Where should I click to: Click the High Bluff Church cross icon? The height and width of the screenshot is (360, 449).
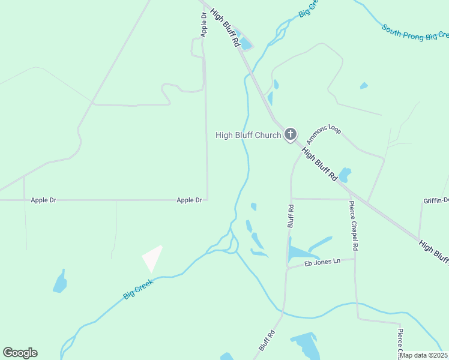(x=291, y=134)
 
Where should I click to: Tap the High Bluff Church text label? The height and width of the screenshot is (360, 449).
(x=248, y=135)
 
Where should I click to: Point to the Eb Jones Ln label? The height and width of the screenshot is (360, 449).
(x=322, y=261)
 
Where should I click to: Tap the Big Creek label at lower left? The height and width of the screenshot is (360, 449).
(x=139, y=288)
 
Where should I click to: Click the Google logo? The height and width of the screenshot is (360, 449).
(x=20, y=353)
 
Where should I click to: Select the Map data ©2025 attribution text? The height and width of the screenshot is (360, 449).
(x=424, y=355)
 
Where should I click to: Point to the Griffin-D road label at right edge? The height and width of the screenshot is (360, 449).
(x=436, y=200)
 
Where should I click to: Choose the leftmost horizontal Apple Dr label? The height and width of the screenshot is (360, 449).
(x=43, y=200)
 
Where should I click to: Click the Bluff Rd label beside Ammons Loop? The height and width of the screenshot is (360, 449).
(x=291, y=216)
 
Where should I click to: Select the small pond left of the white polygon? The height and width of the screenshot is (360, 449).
(x=60, y=282)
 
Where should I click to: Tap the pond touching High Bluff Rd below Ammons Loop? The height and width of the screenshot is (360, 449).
(x=345, y=175)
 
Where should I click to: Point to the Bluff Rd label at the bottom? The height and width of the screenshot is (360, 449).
(x=267, y=340)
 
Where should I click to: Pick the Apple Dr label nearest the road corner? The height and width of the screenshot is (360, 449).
(x=189, y=200)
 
